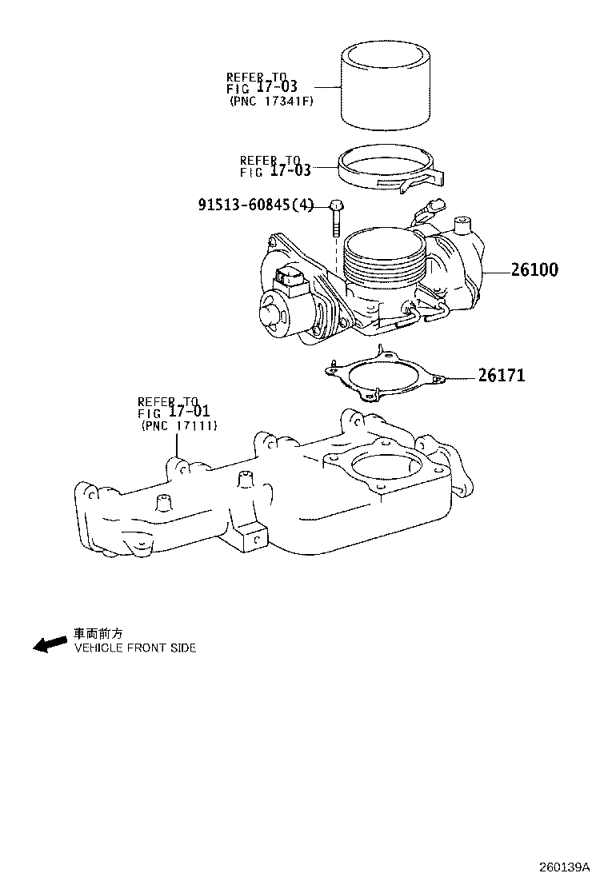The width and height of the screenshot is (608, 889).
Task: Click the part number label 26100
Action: (534, 269)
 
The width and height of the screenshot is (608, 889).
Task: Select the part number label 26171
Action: (502, 375)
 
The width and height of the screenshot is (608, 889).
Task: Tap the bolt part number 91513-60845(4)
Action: (256, 204)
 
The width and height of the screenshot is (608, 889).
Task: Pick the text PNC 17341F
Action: (272, 102)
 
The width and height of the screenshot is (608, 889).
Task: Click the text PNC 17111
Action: (179, 426)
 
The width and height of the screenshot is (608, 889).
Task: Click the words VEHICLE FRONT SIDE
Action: (135, 648)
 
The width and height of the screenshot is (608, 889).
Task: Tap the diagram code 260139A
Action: (564, 867)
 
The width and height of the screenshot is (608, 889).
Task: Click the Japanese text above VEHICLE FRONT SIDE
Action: (98, 633)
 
